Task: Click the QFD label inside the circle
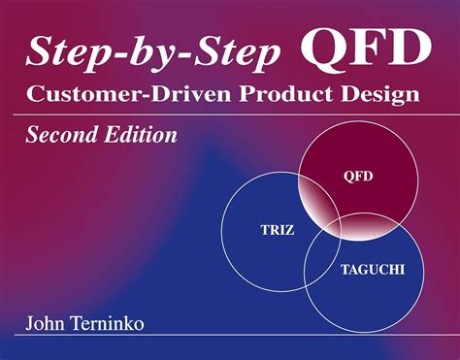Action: pos(358,178)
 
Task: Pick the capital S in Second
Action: pos(32,134)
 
